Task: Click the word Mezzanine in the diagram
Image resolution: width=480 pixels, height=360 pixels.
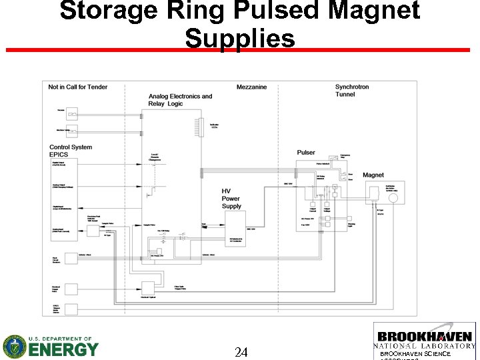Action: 251,87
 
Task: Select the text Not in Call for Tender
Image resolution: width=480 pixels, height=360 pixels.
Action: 77,87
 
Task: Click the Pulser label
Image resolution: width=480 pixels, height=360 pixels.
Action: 306,153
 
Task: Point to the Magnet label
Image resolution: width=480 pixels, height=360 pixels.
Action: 373,175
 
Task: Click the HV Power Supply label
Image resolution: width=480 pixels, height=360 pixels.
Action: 231,199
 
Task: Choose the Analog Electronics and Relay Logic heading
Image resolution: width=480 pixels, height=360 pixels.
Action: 180,100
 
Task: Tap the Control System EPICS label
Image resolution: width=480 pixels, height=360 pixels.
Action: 70,151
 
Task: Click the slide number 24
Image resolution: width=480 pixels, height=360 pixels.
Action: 241,352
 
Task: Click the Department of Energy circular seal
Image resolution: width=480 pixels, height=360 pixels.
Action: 14,347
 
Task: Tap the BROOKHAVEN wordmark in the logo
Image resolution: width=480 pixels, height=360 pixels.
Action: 425,337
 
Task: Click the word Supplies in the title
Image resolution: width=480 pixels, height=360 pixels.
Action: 240,39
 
